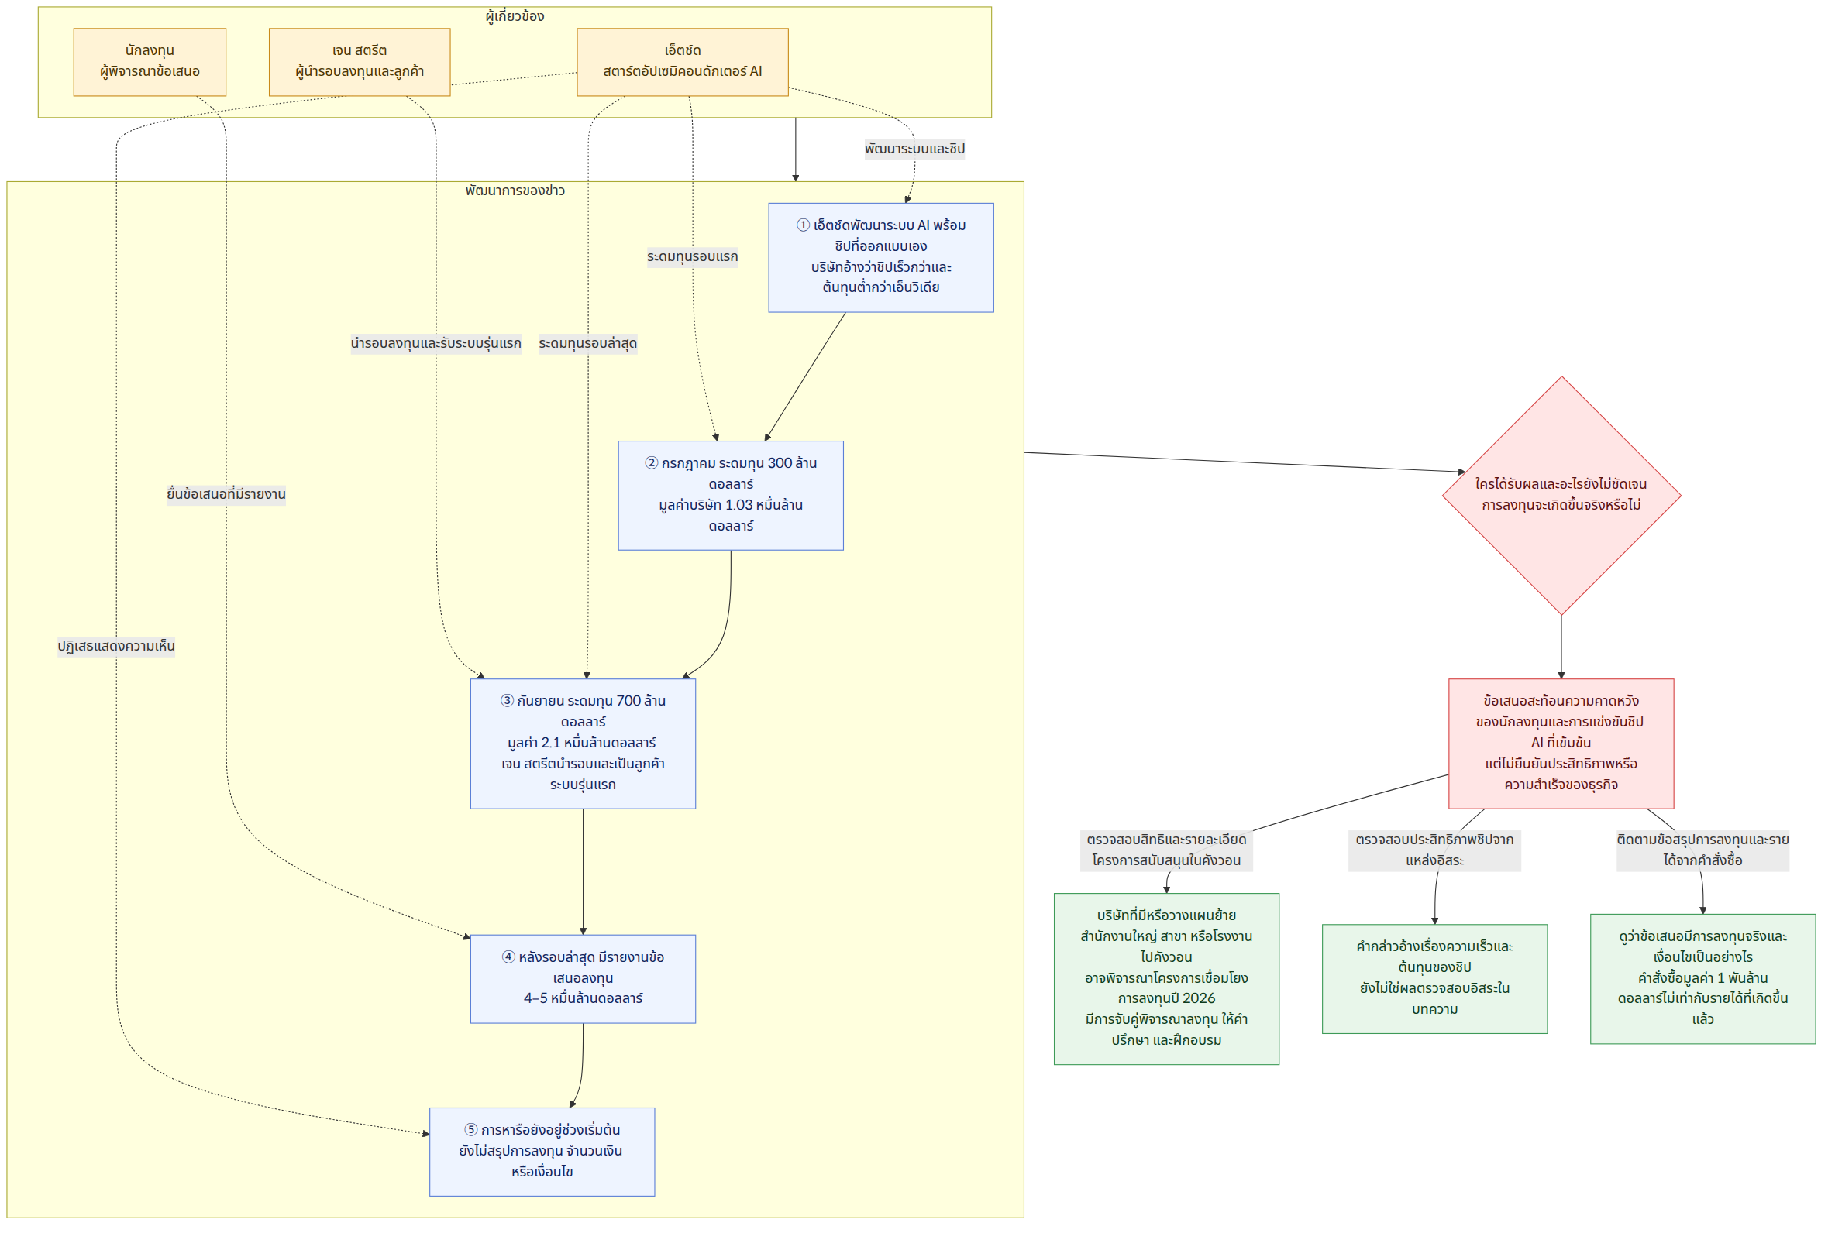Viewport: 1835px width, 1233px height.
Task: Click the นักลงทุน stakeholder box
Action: point(150,62)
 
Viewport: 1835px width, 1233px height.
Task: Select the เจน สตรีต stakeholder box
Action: point(360,62)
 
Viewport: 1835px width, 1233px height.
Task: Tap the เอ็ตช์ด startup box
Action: point(682,62)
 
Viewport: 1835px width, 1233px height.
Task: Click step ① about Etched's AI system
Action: point(880,258)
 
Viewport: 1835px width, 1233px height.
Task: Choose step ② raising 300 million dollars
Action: point(731,496)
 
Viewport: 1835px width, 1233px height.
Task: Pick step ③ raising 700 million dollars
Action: point(583,743)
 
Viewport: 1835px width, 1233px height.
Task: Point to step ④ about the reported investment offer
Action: point(583,978)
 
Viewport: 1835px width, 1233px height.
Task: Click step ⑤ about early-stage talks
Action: point(542,1151)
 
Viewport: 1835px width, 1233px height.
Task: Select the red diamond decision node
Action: point(1561,496)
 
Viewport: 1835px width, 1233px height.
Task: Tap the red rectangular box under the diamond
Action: point(1561,743)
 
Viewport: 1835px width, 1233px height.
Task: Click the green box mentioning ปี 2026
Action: point(1166,978)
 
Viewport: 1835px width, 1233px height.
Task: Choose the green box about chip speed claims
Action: point(1434,978)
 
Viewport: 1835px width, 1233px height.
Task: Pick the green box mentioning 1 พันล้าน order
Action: point(1702,978)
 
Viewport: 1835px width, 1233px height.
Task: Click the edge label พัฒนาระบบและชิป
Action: point(914,149)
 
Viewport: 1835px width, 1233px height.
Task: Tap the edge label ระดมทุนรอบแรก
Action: point(692,257)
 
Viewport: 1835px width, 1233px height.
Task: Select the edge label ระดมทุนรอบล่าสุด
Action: point(587,344)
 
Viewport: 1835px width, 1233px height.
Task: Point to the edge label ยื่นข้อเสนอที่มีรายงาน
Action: point(226,495)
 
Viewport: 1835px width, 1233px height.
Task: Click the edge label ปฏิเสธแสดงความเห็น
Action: point(116,647)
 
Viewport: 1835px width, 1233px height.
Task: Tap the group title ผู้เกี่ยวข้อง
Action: point(515,16)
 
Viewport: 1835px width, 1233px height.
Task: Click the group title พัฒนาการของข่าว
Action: point(515,191)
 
